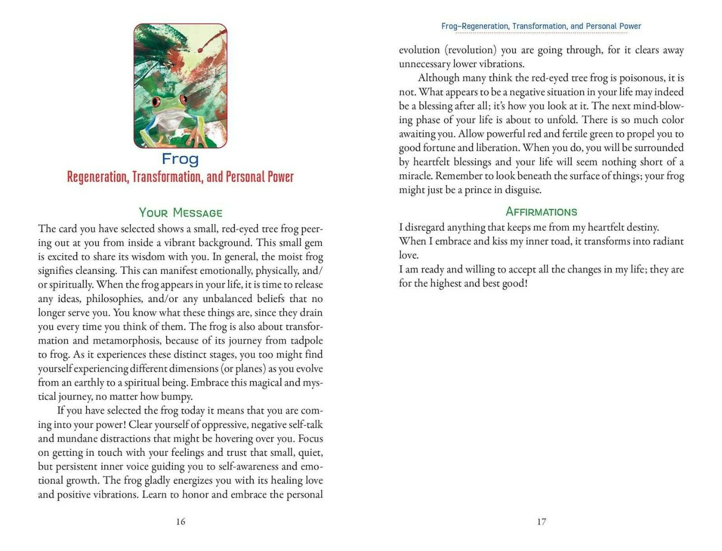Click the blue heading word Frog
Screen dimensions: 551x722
click(180, 159)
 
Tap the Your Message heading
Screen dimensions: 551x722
click(180, 213)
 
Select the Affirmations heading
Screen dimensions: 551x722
click(541, 212)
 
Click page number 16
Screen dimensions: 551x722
click(180, 522)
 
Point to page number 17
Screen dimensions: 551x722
click(541, 522)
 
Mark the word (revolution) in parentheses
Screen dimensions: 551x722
click(472, 50)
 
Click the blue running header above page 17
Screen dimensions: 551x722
click(541, 26)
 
